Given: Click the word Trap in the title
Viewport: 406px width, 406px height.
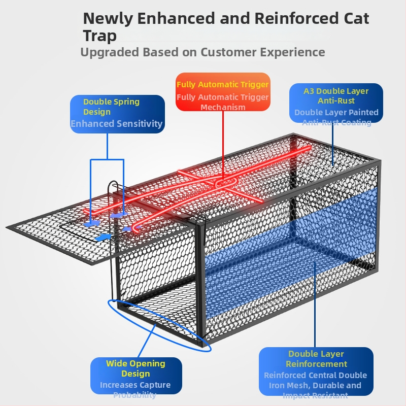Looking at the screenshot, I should point(99,36).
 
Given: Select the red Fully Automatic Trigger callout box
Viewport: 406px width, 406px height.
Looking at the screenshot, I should point(223,91).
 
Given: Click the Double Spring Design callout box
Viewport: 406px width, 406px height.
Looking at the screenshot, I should point(117,114).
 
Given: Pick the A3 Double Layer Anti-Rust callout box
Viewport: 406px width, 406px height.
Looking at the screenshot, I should point(336,104).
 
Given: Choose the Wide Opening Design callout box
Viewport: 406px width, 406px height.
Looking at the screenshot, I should point(136,379).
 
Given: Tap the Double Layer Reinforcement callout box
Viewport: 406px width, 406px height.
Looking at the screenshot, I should point(316,373).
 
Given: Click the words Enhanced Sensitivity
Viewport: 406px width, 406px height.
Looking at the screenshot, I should point(117,123).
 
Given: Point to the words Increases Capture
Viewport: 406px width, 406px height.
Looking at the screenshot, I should point(135,385).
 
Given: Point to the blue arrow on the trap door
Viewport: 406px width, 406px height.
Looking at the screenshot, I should point(103,236).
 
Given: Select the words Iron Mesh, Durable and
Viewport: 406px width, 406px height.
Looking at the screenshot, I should point(315,385).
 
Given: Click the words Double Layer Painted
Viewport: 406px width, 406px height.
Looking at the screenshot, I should point(336,112).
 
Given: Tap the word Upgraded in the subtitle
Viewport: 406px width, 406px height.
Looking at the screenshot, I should point(110,52).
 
